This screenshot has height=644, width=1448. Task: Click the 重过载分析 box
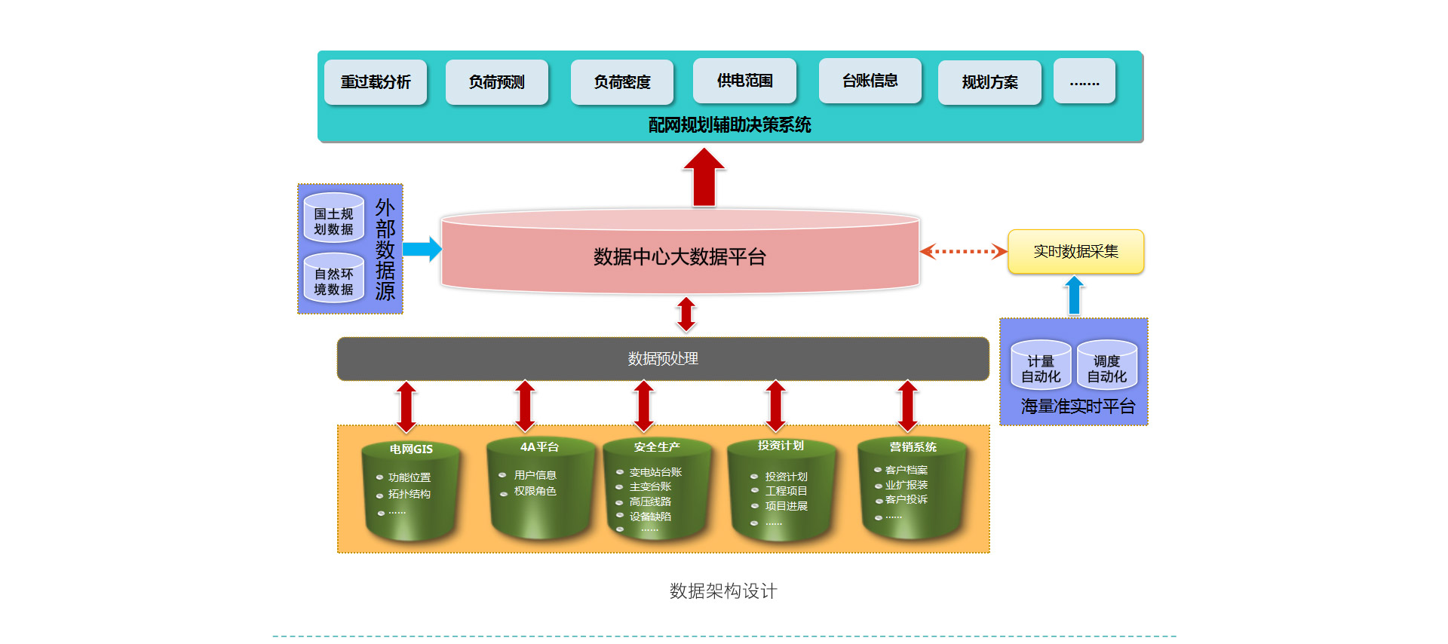coord(376,82)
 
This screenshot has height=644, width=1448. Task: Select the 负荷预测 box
coord(496,82)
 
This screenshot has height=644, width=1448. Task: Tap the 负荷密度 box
coord(621,82)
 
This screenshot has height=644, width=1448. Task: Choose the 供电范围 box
coord(744,81)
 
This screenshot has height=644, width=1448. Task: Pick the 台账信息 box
coord(870,81)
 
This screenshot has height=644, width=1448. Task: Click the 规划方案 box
coord(989,82)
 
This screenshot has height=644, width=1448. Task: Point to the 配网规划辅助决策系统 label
coord(729,125)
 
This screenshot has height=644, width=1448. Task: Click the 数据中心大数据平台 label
coord(680,257)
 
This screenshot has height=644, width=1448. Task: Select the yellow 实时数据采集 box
coord(1075,252)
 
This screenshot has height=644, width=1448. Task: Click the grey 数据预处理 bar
coord(663,359)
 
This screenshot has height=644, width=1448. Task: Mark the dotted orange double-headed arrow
coord(963,252)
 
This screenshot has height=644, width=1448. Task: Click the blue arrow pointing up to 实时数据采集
coord(1074,296)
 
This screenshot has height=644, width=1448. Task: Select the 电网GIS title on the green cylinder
coord(411,449)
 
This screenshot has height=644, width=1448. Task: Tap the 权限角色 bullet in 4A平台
coord(535,492)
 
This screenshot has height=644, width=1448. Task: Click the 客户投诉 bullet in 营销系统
coord(906,500)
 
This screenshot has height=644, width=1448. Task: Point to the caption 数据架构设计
coord(723,591)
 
